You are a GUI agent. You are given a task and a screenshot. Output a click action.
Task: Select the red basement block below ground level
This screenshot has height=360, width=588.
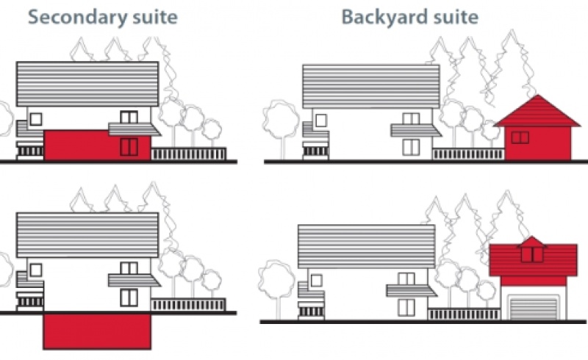96,331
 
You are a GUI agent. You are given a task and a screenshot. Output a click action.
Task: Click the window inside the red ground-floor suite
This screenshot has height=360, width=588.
129,146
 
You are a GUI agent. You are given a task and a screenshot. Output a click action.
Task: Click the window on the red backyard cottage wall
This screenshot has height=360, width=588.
520,137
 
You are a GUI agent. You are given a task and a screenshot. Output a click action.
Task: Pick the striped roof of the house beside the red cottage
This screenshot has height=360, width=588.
370,87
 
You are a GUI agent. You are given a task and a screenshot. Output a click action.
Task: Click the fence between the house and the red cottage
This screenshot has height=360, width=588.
468,154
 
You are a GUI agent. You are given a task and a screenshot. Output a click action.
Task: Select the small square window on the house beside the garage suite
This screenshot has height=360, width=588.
316,279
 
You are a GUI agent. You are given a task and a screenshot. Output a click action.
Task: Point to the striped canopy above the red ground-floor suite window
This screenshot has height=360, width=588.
133,129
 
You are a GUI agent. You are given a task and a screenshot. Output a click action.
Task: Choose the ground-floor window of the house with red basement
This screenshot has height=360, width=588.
129,297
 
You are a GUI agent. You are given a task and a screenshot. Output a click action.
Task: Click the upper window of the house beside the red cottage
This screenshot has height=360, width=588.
411,118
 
